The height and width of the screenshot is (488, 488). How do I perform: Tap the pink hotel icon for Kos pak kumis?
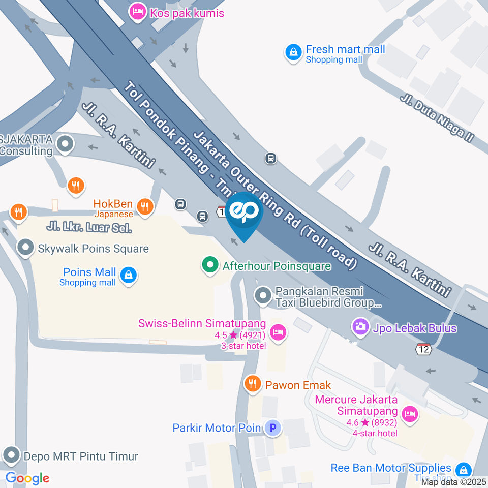(x=137, y=11)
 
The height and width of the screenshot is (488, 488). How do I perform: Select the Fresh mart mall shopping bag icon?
(x=293, y=53)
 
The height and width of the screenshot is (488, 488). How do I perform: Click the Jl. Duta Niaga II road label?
(x=437, y=118)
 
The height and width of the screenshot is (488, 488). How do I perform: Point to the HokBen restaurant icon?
(x=145, y=206)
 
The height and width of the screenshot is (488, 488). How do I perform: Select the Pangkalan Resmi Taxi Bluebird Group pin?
(x=263, y=295)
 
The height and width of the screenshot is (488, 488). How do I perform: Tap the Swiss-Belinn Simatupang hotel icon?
(x=278, y=333)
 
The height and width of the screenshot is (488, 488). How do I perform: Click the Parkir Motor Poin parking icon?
(x=273, y=428)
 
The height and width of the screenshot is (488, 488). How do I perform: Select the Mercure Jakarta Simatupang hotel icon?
(x=409, y=414)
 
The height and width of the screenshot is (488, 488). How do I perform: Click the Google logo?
(x=27, y=478)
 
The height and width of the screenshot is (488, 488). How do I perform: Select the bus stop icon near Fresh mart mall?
(x=271, y=159)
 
